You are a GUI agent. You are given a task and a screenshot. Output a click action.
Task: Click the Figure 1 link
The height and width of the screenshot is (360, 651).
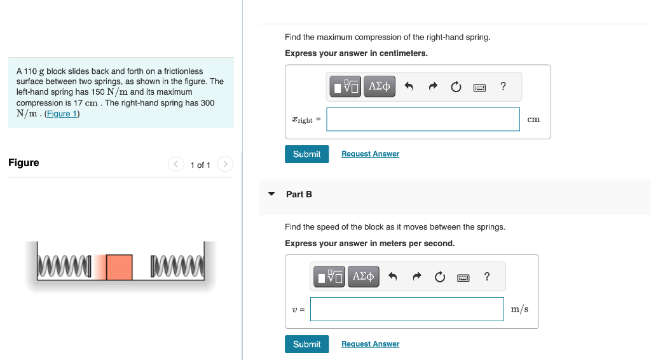pyautogui.click(x=62, y=114)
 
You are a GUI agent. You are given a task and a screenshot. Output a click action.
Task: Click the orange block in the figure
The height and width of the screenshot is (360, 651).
pyautogui.click(x=119, y=267)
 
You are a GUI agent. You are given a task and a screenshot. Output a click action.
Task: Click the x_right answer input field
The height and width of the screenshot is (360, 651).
pyautogui.click(x=423, y=120)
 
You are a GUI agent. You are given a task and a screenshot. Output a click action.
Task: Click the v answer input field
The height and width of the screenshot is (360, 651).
pyautogui.click(x=407, y=309)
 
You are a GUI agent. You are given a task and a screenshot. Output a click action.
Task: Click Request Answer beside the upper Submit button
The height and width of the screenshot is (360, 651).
pyautogui.click(x=370, y=154)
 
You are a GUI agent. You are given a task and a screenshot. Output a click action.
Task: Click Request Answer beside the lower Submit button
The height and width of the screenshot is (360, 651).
pyautogui.click(x=370, y=344)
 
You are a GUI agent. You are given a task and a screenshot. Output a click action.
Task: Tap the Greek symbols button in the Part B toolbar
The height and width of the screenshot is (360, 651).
pyautogui.click(x=363, y=277)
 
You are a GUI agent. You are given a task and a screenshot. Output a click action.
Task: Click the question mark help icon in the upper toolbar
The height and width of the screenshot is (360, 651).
pyautogui.click(x=503, y=87)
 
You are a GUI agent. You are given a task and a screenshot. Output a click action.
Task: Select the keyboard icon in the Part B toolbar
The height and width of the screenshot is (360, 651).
pyautogui.click(x=463, y=277)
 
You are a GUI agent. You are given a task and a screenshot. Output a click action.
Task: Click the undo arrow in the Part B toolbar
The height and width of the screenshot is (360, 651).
pyautogui.click(x=393, y=277)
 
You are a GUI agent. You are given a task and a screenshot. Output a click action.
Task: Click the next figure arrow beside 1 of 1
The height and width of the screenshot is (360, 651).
pyautogui.click(x=225, y=165)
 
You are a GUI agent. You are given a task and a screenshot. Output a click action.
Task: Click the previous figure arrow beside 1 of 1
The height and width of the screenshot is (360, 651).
pyautogui.click(x=176, y=165)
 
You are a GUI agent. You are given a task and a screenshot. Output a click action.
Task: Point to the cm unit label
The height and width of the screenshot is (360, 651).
pyautogui.click(x=533, y=120)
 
